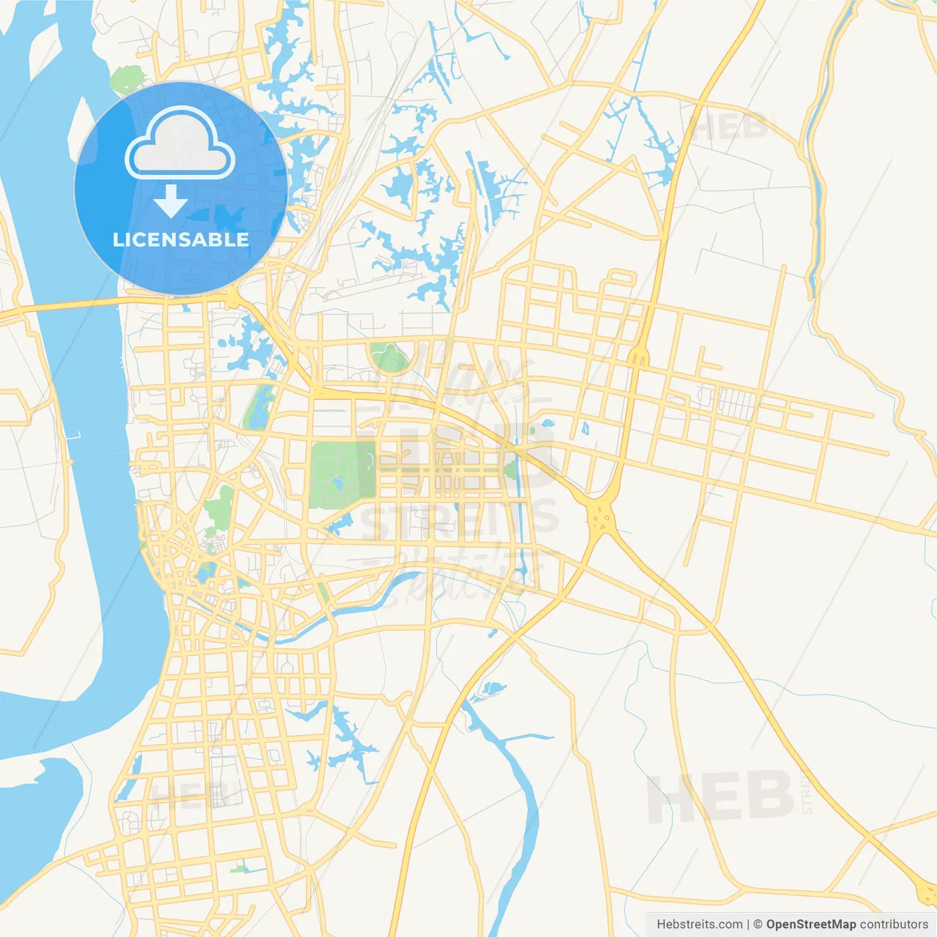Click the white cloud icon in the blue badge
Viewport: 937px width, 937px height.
180,143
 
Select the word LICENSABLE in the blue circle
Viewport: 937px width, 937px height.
181,239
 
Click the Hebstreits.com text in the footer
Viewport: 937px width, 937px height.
699,925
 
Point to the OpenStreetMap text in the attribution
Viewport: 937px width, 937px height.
810,925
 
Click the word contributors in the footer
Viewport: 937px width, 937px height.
894,925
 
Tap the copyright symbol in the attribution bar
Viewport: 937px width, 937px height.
758,925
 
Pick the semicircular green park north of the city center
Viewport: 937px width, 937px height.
389,357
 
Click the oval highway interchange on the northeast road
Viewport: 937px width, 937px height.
638,356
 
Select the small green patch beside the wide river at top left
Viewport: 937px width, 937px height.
129,78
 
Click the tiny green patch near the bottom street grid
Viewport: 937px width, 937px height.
239,869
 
